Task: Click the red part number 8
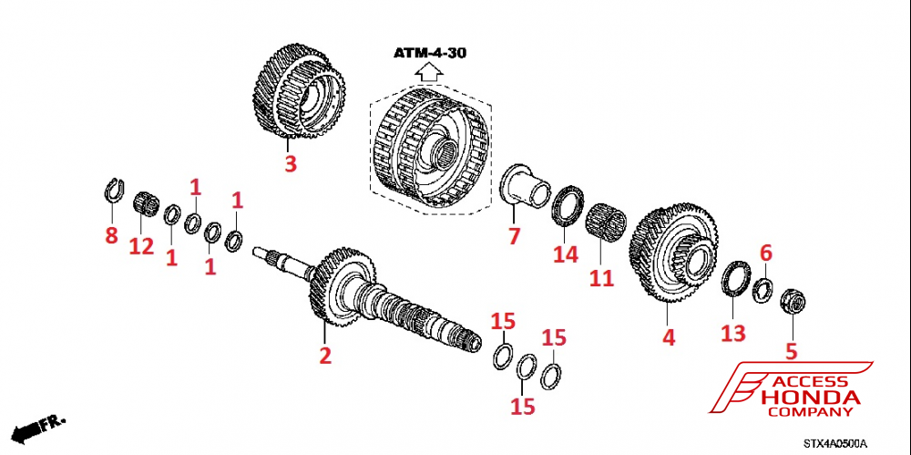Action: [111, 236]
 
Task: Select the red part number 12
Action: [141, 246]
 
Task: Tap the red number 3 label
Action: [290, 164]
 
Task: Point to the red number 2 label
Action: [324, 356]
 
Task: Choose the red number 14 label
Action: [566, 254]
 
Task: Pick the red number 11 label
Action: [601, 277]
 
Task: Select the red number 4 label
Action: [669, 336]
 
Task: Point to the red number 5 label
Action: [791, 349]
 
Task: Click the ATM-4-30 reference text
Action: [430, 53]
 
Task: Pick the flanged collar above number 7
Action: [527, 186]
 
